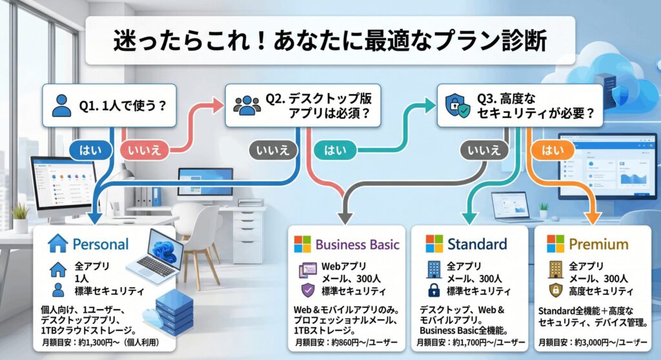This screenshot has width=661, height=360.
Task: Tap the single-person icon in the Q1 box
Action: [x=61, y=105]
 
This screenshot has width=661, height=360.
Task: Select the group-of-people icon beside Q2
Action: [x=246, y=105]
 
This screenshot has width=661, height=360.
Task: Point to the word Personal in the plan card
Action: [x=101, y=244]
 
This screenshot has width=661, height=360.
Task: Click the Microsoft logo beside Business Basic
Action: [x=302, y=244]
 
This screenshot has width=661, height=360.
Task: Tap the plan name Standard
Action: [x=477, y=244]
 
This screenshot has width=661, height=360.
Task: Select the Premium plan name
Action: [x=598, y=245]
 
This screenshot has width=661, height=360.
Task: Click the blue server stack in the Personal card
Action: [x=174, y=308]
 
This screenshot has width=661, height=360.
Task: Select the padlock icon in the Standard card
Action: [x=433, y=290]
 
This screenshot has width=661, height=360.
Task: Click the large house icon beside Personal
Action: [x=58, y=243]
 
